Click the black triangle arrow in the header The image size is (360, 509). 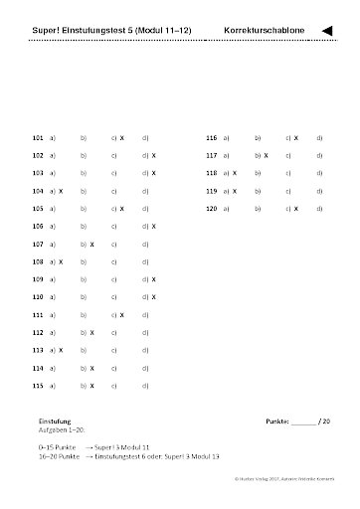(327, 32)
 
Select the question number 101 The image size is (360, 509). (38, 138)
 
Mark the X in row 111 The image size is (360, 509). (121, 314)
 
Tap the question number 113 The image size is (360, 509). (38, 350)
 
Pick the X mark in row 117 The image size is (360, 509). (265, 156)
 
